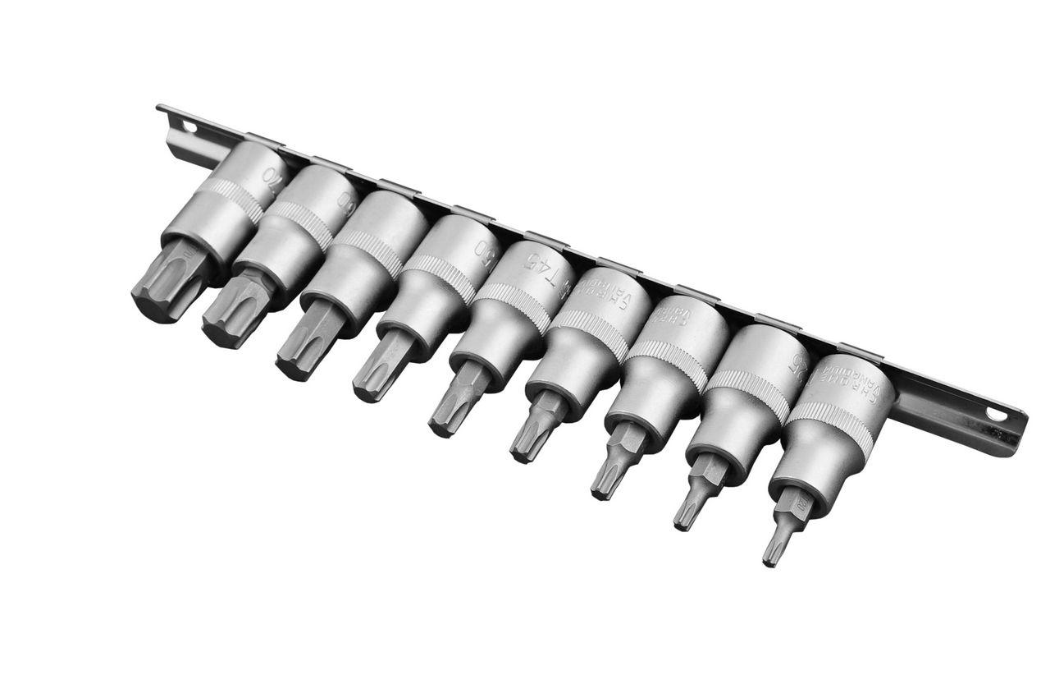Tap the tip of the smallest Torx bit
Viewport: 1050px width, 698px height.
769,558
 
